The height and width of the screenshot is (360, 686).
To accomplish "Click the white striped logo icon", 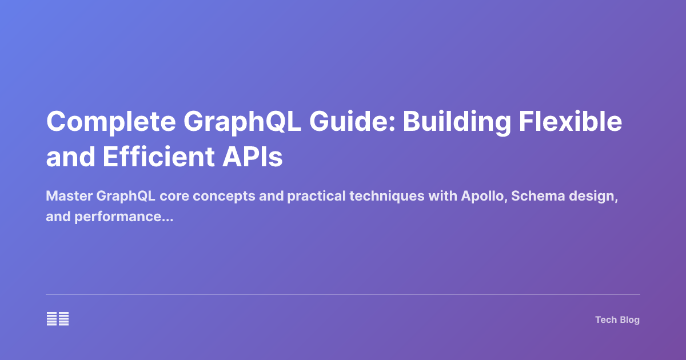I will point(58,319).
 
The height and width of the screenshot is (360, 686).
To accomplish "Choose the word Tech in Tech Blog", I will point(605,320).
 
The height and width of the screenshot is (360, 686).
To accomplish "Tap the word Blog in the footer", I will point(629,320).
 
